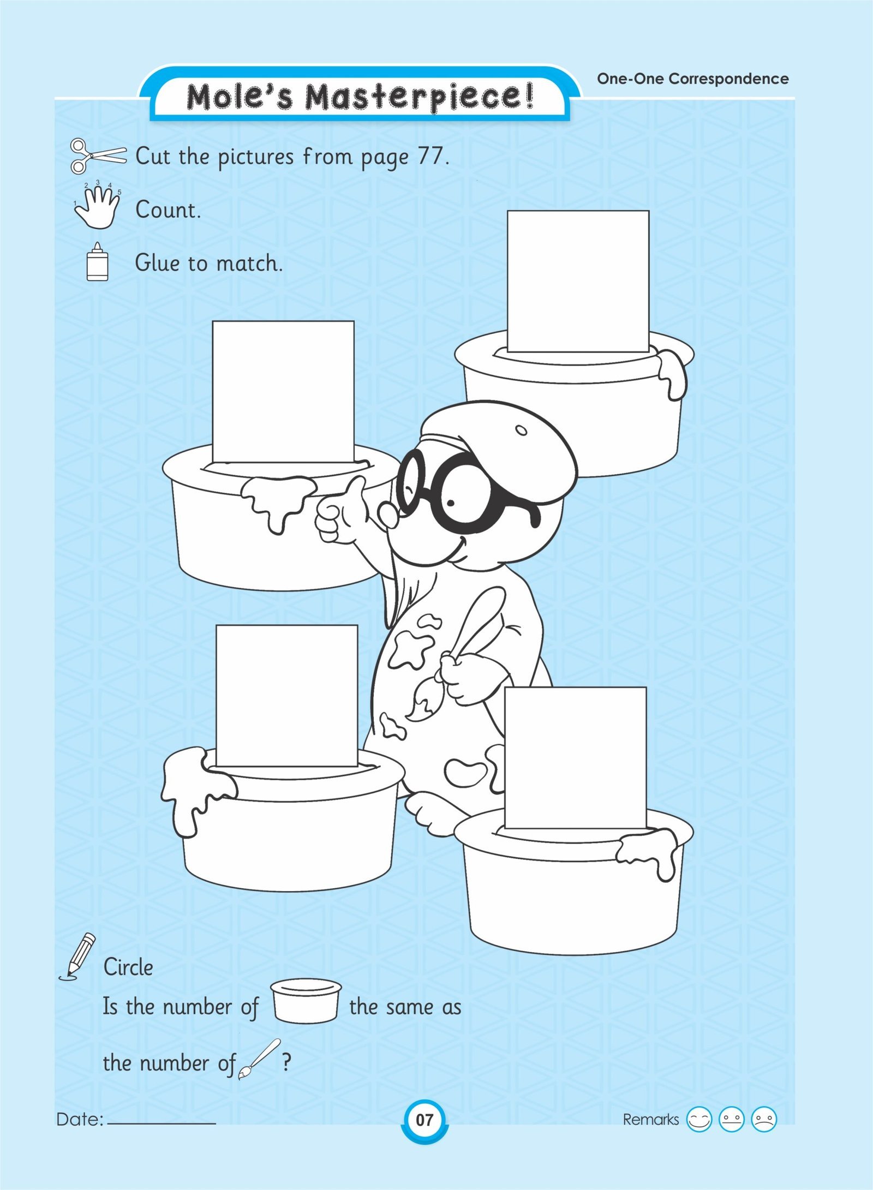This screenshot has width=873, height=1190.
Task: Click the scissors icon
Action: point(98,156)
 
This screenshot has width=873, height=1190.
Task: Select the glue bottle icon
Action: point(98,262)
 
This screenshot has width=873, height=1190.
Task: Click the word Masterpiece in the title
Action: point(418,97)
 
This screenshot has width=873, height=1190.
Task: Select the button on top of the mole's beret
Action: point(522,430)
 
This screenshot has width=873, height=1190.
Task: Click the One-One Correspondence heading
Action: point(693,79)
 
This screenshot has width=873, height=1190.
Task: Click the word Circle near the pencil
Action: point(128,967)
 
